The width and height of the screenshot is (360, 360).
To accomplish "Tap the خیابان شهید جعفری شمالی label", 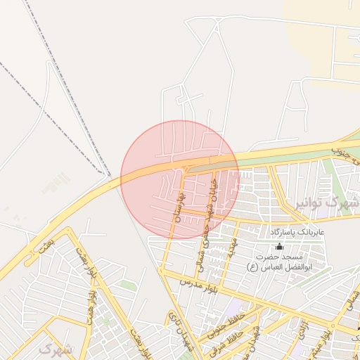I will (x=212, y=212).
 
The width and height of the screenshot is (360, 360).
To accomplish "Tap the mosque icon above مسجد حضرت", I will (x=279, y=246).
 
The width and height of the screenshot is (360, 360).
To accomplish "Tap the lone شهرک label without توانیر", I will (x=56, y=349).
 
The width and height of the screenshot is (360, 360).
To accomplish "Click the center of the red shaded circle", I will (x=180, y=179).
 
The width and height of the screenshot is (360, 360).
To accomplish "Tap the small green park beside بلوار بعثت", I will (x=127, y=285).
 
